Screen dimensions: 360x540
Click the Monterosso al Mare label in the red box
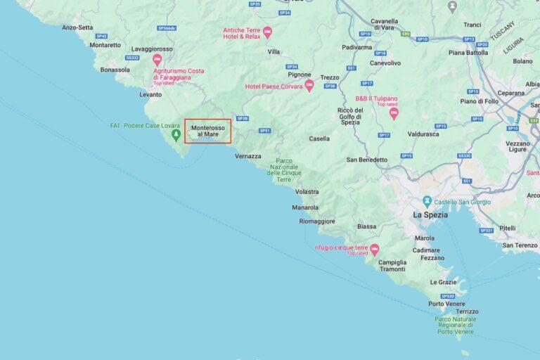coord(208,131)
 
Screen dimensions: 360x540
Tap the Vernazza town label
coord(248,156)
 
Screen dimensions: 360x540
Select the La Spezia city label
coord(430,215)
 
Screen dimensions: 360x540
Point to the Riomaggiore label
coord(316,221)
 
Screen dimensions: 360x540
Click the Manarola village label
coord(305,207)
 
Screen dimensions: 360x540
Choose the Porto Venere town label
coord(446,304)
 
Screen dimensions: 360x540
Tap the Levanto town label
coord(150,94)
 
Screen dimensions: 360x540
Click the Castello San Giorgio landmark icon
coord(427,202)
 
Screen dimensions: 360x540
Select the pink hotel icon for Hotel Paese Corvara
coord(309,86)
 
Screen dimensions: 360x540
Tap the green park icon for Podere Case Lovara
coord(176,133)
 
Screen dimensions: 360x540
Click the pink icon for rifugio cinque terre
coord(375,249)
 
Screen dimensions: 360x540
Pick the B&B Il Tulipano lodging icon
coord(394,112)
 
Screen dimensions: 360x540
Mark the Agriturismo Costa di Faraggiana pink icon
coord(157,60)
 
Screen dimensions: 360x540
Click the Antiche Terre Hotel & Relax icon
coord(267,32)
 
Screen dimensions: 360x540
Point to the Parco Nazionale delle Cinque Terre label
coord(284,170)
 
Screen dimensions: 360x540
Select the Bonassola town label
coord(115,70)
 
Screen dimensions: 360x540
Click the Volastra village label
coord(307,191)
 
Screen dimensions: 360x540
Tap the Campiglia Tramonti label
coord(392,266)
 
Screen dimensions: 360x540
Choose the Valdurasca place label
coord(423,134)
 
